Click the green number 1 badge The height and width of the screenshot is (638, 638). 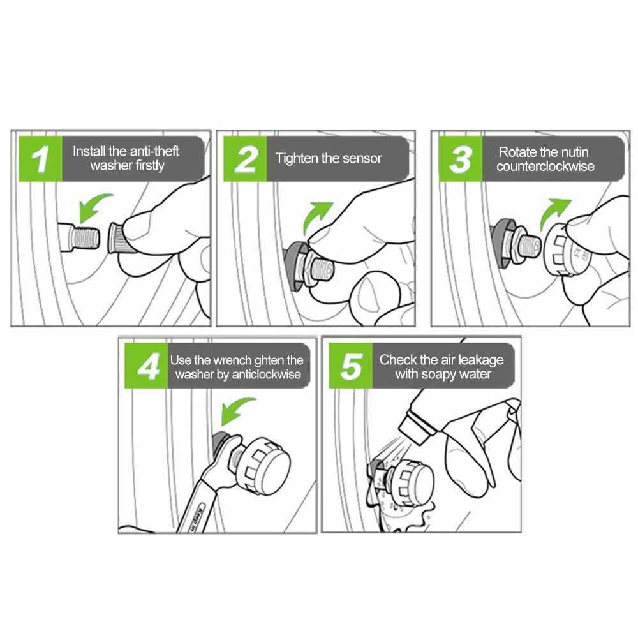[41, 159]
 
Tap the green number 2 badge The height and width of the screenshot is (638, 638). [245, 159]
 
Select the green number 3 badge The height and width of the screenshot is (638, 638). [460, 159]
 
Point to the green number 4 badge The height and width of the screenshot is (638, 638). [147, 366]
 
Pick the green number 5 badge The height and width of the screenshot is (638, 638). [351, 366]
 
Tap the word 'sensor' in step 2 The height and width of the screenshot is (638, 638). [362, 158]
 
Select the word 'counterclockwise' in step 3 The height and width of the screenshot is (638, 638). [545, 167]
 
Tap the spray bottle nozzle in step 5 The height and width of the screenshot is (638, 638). [415, 427]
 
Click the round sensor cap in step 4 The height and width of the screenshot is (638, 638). [267, 466]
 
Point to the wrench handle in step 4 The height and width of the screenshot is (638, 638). [195, 508]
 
